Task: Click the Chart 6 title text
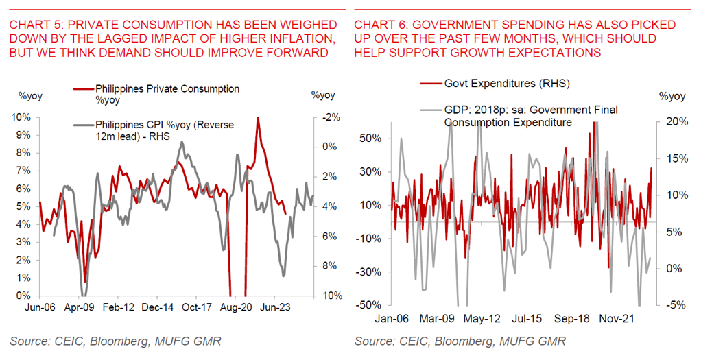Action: click(514, 38)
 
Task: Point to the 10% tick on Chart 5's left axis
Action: click(20, 117)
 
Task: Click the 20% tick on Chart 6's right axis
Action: click(673, 121)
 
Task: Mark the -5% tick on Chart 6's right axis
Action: click(673, 305)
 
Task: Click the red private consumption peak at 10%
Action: click(257, 119)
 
